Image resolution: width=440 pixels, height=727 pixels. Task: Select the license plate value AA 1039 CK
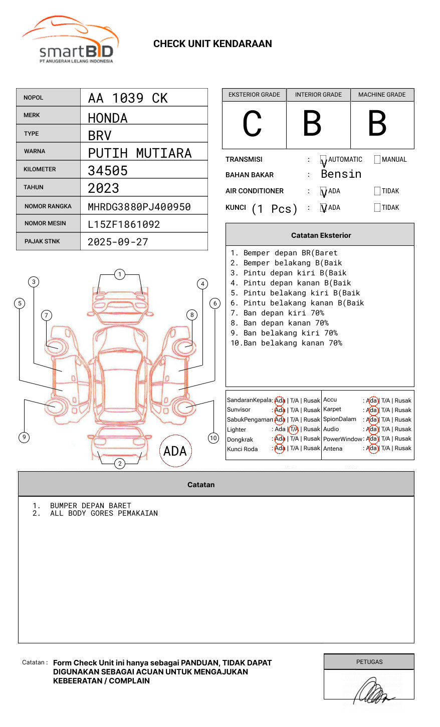pos(128,98)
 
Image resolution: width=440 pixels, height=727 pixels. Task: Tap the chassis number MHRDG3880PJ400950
pos(139,207)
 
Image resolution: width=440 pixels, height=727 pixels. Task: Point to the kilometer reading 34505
pos(108,171)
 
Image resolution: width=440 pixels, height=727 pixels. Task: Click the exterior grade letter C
pos(252,124)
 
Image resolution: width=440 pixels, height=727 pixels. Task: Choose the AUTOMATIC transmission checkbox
pos(324,160)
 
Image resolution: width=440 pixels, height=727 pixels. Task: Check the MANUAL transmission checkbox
pos(377,160)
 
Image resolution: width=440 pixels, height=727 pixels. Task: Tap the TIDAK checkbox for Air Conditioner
pos(377,191)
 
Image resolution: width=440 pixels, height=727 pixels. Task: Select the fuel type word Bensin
pos(341,174)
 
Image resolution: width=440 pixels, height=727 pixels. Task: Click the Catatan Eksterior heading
pos(321,235)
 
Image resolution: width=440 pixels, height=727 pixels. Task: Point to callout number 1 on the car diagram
pos(119,274)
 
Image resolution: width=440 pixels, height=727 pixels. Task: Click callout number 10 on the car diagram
pos(213,438)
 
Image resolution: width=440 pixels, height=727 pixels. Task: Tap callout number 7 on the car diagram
pos(46,315)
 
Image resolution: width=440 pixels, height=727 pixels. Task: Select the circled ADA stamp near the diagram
pos(175,451)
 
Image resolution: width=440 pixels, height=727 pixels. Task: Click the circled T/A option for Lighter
pos(294,429)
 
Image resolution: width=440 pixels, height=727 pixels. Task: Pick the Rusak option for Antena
pos(403,448)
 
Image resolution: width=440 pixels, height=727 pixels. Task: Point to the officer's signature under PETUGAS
pos(373,691)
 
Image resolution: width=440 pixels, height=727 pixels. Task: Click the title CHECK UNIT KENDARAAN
pos(212,44)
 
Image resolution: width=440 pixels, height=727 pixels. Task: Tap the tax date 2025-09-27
pos(118,242)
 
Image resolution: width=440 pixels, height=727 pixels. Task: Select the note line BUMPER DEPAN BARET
pos(90,506)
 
